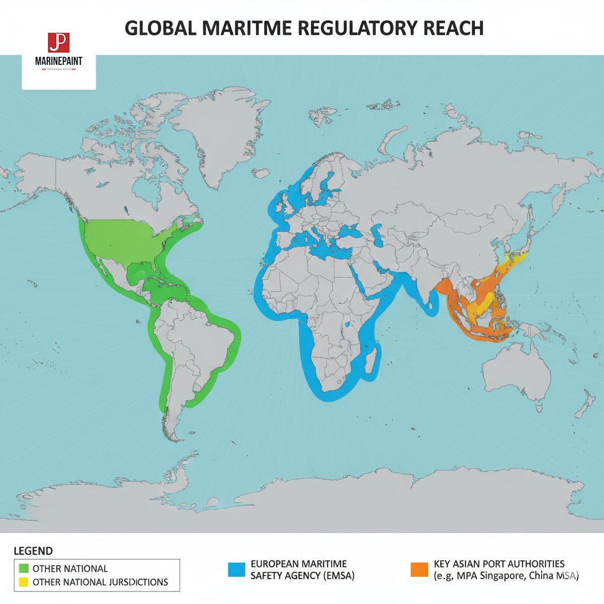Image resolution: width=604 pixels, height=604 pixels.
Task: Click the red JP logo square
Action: point(58,44)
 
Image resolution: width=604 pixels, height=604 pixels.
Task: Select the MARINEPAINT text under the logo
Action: point(58,61)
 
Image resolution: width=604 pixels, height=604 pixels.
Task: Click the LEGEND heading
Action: point(33,551)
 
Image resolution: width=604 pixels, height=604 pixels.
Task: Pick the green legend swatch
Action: point(24,569)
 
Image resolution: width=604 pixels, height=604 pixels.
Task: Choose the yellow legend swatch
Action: point(24,582)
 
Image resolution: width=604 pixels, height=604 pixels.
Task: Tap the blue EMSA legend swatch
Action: point(236,569)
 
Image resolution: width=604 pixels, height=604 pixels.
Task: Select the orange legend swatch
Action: point(418,569)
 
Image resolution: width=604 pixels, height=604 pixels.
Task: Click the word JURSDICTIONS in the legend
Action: point(139,582)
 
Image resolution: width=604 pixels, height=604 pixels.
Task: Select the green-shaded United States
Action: point(127,239)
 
